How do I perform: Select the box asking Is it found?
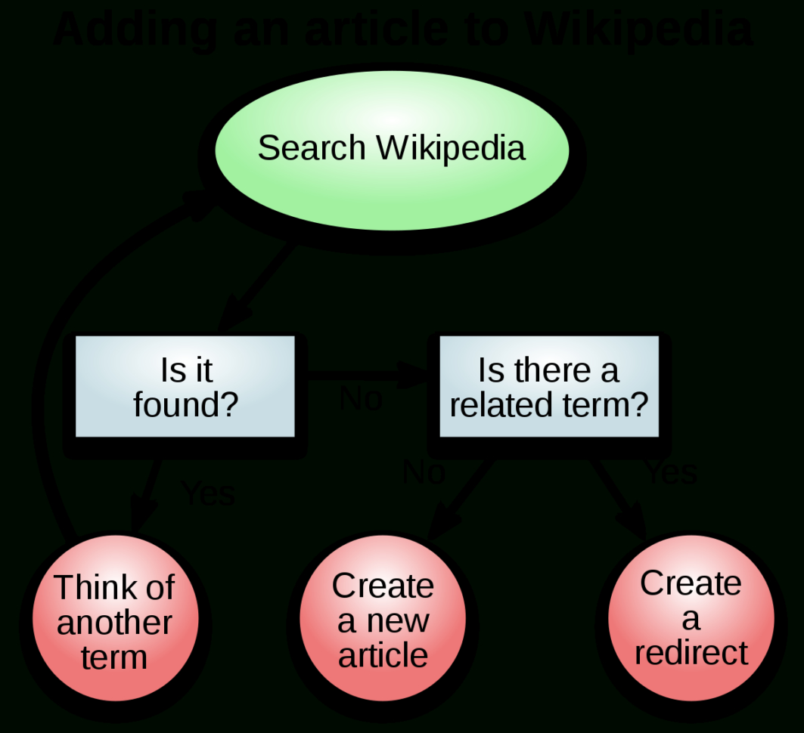[x=185, y=386]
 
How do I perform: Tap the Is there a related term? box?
[x=548, y=386]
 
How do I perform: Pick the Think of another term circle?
[x=114, y=622]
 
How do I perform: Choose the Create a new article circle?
[x=383, y=620]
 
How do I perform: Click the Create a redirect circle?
[x=691, y=618]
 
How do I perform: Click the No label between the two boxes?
[x=361, y=399]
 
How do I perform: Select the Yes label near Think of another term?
[x=208, y=494]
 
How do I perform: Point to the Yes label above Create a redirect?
[x=670, y=473]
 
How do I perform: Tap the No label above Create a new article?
[x=424, y=473]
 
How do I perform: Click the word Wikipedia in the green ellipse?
[x=452, y=148]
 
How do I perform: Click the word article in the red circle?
[x=383, y=655]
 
